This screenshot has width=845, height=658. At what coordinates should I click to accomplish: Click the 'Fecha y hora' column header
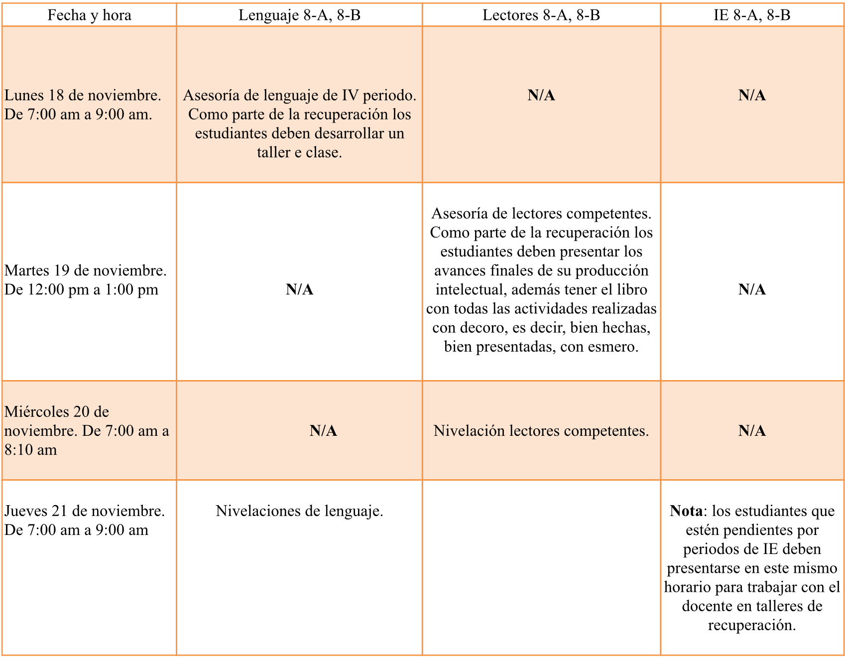89,15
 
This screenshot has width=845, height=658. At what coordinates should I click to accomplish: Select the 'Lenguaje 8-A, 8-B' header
299,15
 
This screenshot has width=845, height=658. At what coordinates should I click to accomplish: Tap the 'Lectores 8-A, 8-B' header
541,15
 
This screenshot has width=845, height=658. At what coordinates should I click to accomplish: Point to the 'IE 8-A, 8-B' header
752,15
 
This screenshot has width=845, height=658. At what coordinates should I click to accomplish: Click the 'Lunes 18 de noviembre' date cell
83,105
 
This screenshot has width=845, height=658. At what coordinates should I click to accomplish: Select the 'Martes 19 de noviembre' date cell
85,280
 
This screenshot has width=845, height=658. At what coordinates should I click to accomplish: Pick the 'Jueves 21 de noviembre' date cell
84,520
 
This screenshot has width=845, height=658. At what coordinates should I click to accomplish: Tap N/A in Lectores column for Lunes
541,95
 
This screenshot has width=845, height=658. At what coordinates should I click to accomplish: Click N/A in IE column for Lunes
752,95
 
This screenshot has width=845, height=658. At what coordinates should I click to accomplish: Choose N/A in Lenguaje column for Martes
299,289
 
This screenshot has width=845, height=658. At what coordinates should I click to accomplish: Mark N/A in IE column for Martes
752,289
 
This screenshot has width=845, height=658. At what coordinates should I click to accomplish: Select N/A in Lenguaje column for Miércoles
323,431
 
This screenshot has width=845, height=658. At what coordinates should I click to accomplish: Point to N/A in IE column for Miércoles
752,431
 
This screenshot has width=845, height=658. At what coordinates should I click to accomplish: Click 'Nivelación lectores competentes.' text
541,431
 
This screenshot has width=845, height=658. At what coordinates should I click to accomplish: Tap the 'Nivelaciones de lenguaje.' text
299,511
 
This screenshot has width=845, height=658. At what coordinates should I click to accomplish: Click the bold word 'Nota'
686,511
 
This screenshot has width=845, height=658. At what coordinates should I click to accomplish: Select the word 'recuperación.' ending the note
752,625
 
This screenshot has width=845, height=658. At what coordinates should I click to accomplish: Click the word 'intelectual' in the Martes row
471,290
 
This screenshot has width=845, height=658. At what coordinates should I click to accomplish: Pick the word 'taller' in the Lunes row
273,152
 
